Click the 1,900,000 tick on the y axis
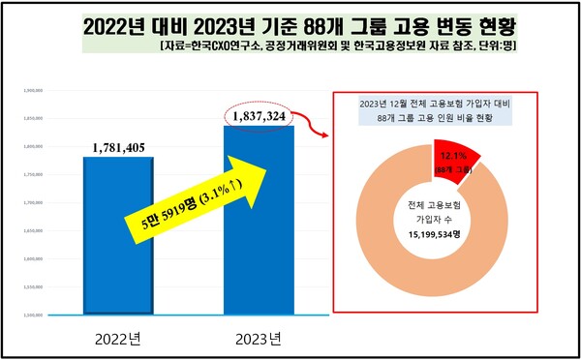33,89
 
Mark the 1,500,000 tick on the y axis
33,315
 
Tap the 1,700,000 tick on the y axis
33,202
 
